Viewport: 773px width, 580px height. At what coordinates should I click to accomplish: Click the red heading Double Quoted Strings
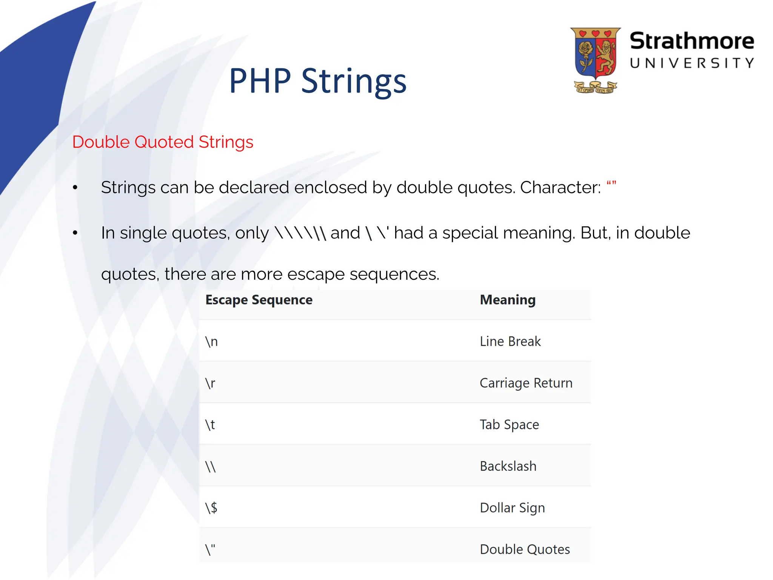tap(163, 142)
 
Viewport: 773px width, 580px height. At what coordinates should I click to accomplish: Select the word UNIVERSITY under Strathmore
tap(691, 63)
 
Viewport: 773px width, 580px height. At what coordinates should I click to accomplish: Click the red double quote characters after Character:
tap(611, 184)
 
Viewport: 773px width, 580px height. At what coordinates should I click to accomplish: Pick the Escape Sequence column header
tap(259, 300)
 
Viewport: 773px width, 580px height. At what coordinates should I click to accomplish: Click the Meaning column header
tap(508, 300)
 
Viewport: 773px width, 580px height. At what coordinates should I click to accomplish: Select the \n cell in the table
tap(212, 341)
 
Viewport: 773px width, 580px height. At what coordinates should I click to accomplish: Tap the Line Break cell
tap(510, 341)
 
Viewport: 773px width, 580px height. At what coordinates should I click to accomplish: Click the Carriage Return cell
tap(526, 383)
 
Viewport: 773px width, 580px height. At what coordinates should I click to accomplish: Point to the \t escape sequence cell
tap(210, 425)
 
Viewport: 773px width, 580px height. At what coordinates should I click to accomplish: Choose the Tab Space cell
tap(509, 425)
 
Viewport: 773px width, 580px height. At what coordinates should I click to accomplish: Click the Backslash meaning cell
tap(508, 466)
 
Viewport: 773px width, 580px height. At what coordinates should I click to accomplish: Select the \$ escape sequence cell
tap(211, 508)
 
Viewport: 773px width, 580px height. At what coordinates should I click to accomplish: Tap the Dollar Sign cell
tap(512, 508)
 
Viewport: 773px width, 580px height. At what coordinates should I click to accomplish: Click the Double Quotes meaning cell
tap(525, 549)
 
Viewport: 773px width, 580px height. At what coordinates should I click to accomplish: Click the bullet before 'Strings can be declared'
tap(75, 187)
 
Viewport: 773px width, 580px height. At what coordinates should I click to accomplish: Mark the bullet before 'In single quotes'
tap(75, 233)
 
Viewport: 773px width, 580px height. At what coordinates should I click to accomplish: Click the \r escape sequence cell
tap(210, 383)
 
